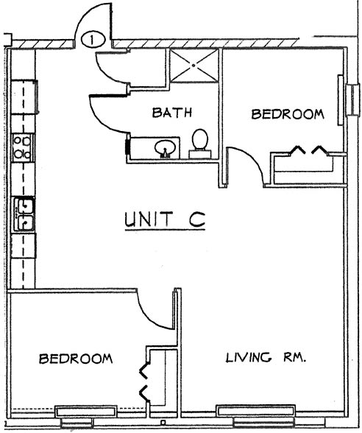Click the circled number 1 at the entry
click(93, 40)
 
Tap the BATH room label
click(172, 113)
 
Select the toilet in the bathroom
click(200, 144)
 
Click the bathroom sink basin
click(165, 149)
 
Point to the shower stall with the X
click(194, 66)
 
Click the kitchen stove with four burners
click(23, 147)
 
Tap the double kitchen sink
click(24, 214)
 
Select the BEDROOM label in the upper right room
click(288, 114)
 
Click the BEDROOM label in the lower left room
click(76, 359)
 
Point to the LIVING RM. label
click(266, 358)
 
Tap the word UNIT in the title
click(149, 219)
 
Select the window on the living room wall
click(255, 410)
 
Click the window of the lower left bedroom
click(85, 411)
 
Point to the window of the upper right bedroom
click(341, 100)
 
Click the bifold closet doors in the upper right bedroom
click(309, 150)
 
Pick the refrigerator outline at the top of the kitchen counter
click(24, 96)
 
